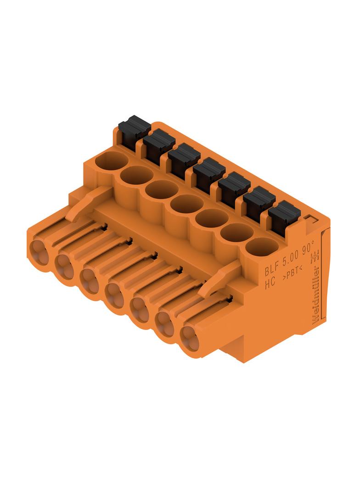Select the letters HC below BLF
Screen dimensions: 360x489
(x=270, y=283)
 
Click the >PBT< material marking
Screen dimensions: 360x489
(x=292, y=272)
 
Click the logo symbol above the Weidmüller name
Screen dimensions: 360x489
(x=315, y=256)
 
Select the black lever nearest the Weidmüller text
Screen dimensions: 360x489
(x=284, y=216)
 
